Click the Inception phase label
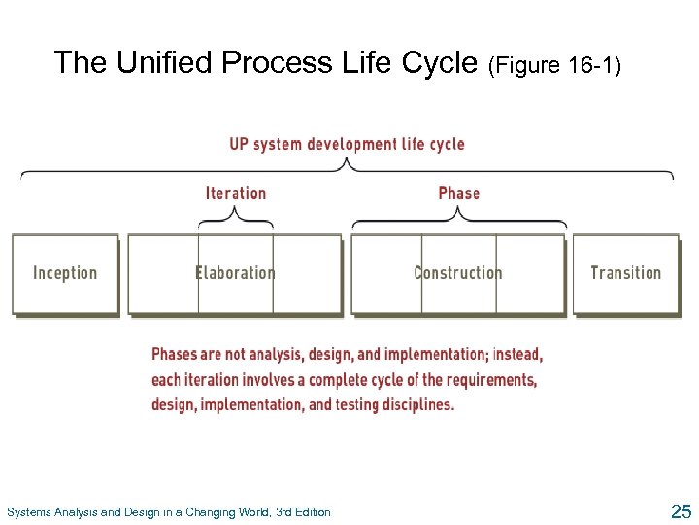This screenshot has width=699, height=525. [x=65, y=273]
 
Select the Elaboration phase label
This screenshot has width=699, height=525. [x=235, y=273]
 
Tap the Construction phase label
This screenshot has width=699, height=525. [x=458, y=273]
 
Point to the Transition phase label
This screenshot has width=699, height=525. [x=625, y=273]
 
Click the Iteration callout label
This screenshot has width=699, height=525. [x=236, y=192]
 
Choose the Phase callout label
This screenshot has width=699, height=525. [x=458, y=192]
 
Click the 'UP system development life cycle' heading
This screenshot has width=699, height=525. [x=347, y=144]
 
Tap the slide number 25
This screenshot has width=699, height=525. [x=680, y=511]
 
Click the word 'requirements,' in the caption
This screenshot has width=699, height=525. [x=490, y=380]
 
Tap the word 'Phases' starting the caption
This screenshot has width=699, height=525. [x=175, y=355]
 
